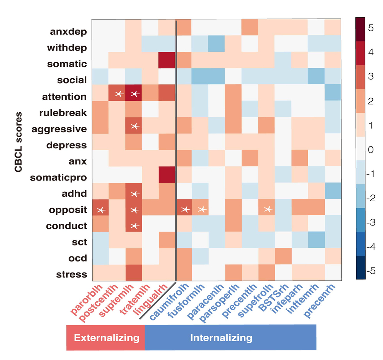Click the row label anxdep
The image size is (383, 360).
[x=68, y=31]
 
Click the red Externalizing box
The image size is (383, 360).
[x=106, y=338]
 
